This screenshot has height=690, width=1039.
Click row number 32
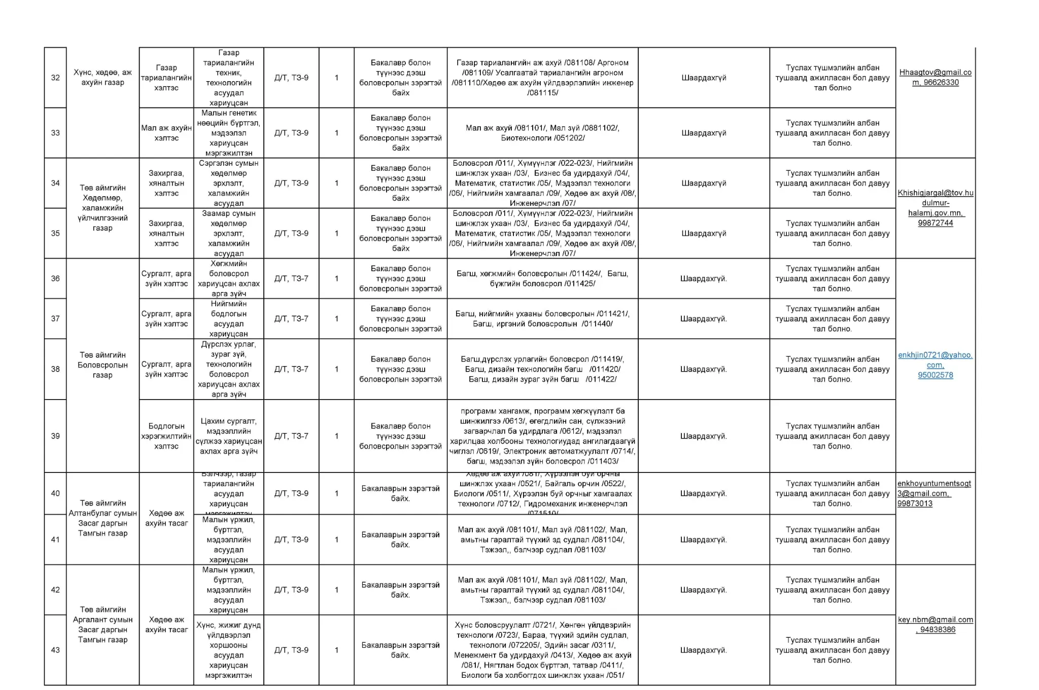tap(55, 78)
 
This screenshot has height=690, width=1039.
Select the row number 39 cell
tap(55, 436)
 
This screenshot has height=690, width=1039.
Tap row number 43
tap(55, 650)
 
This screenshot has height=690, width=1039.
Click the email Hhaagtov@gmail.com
tap(935, 78)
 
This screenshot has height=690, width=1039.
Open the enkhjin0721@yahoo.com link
tap(935, 365)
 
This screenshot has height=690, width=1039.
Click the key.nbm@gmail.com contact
tap(935, 625)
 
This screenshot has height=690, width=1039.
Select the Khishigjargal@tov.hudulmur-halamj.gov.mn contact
tap(935, 208)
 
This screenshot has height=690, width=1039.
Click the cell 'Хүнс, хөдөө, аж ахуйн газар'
tap(102, 78)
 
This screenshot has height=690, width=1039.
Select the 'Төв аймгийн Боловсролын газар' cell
tap(102, 365)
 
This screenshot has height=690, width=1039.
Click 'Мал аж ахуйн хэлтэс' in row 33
tap(166, 133)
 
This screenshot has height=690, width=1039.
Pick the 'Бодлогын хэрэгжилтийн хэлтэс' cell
tap(166, 436)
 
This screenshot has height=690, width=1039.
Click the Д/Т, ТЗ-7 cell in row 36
tap(291, 278)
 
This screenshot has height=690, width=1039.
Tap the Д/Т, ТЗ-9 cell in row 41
tap(291, 539)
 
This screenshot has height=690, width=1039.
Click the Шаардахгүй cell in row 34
tap(704, 183)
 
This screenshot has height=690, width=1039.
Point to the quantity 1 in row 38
tap(336, 369)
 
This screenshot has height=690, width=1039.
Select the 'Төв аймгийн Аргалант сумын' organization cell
tap(102, 625)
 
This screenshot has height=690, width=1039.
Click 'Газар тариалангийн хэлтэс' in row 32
tap(166, 78)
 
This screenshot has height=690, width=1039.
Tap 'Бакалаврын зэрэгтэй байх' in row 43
tap(400, 650)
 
